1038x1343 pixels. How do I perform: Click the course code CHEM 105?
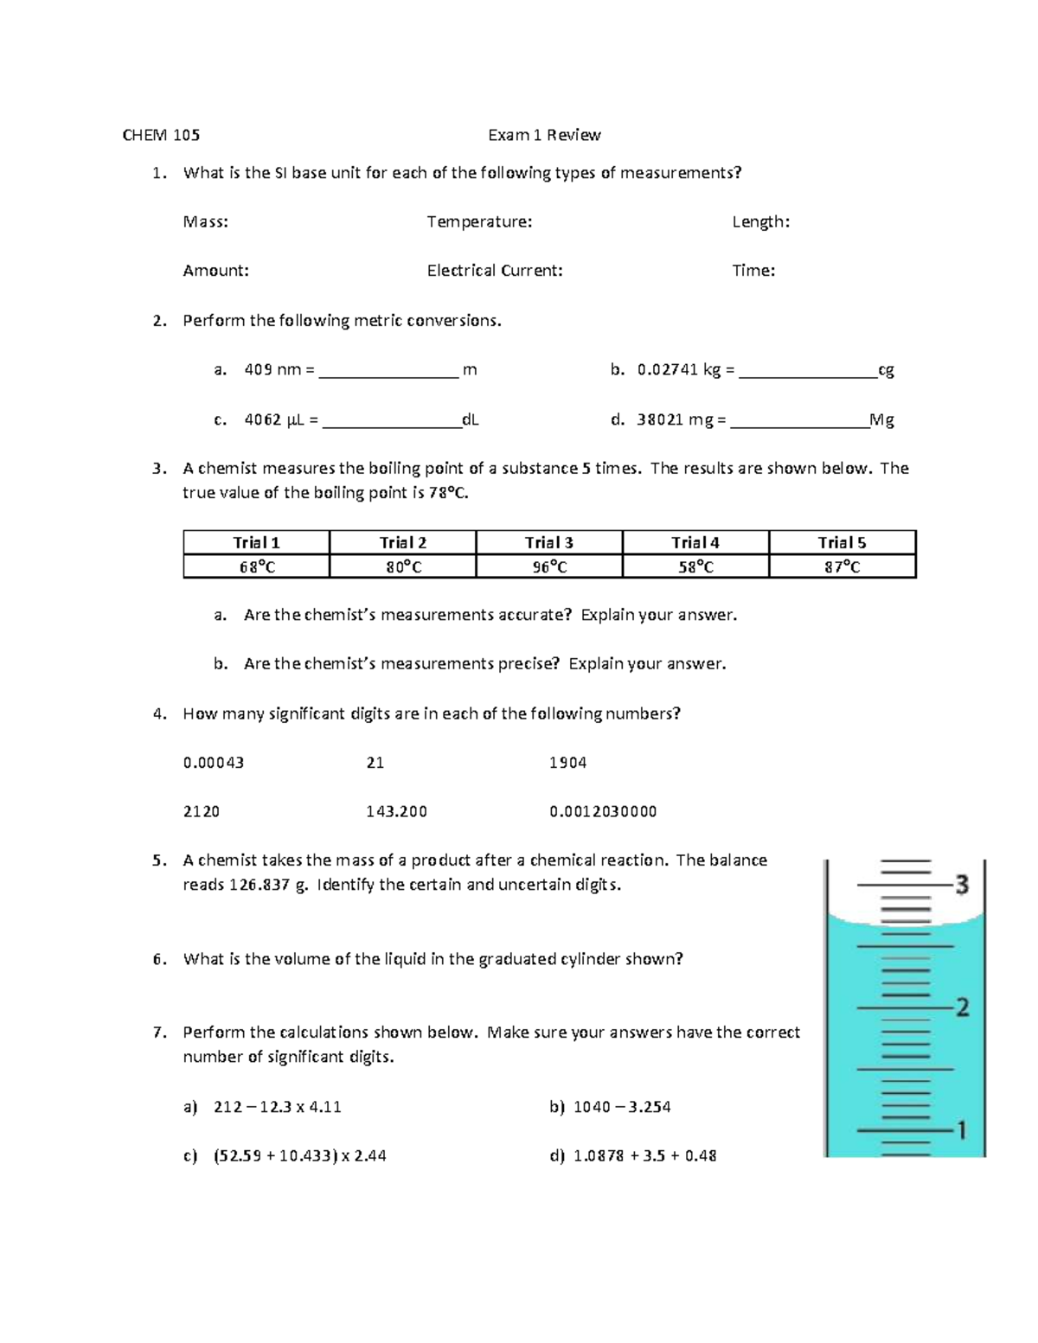(x=161, y=135)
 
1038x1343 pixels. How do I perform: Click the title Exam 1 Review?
(x=544, y=135)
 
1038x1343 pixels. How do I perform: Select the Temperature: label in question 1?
(x=479, y=222)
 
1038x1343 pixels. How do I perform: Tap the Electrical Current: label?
(x=495, y=271)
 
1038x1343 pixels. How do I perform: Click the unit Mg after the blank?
(x=881, y=420)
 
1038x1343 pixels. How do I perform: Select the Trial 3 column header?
(x=549, y=543)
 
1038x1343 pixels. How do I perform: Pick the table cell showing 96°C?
(x=549, y=567)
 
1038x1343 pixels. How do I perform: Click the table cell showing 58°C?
(x=695, y=567)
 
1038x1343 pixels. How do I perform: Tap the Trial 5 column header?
(x=842, y=543)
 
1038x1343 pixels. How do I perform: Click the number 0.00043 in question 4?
(x=214, y=763)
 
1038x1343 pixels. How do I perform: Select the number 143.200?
(x=396, y=812)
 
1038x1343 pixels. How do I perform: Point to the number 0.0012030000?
(x=603, y=812)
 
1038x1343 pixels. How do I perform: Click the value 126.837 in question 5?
(x=259, y=885)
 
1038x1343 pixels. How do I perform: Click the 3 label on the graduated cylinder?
(x=961, y=885)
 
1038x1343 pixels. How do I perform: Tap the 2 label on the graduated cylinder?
(x=961, y=1007)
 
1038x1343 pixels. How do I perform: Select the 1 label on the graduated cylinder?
(x=959, y=1130)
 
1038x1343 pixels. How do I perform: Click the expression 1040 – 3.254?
(x=622, y=1107)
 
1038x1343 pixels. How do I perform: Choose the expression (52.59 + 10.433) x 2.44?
(x=299, y=1156)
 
